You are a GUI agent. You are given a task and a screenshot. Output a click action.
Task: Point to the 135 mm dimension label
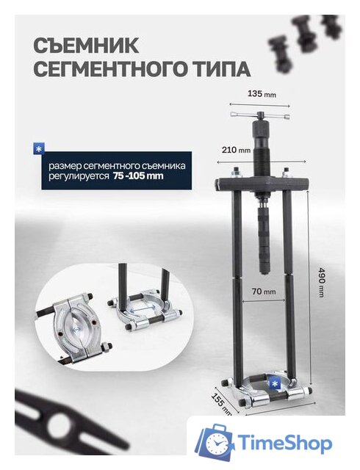click(x=262, y=94)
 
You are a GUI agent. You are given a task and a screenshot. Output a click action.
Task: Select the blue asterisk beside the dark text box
click(x=38, y=149)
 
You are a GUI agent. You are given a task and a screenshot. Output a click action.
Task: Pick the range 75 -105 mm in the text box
click(x=139, y=177)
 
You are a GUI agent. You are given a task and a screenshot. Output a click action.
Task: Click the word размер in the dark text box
click(x=64, y=165)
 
